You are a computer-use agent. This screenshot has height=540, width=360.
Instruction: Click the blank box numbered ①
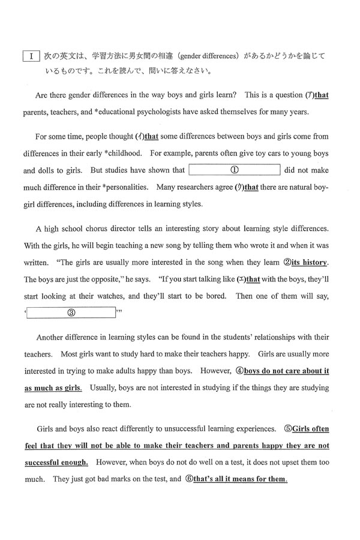[x=235, y=170]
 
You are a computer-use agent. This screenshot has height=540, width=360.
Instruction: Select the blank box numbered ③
[x=71, y=311]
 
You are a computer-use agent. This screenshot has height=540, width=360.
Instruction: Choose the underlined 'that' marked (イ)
[x=148, y=136]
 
